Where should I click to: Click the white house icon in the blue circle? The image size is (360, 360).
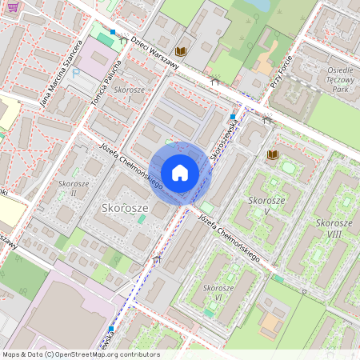pos(180,173)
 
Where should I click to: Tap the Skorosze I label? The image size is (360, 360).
pos(128,94)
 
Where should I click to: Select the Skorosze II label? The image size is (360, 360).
pos(73,189)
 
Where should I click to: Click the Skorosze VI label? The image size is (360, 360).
pos(218,292)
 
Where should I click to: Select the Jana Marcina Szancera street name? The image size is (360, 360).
pos(62,72)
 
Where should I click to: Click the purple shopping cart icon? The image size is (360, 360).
pos(10,4)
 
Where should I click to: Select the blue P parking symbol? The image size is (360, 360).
pos(77,72)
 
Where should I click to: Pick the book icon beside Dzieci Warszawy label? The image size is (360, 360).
pos(181,52)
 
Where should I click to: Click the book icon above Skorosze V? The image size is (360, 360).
pos(272,154)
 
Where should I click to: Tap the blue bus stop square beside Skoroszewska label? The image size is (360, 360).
pos(232,117)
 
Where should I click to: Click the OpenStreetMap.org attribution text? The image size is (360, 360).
pos(112,354)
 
